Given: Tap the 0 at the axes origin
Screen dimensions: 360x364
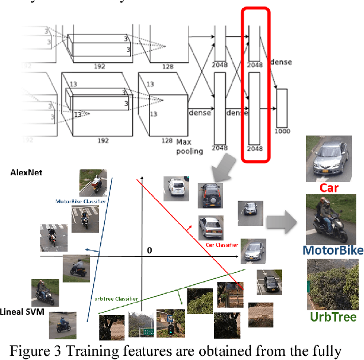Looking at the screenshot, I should point(149,251).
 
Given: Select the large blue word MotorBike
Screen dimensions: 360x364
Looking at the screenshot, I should point(332,250).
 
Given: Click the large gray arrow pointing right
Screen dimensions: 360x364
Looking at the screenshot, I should point(281,221).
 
